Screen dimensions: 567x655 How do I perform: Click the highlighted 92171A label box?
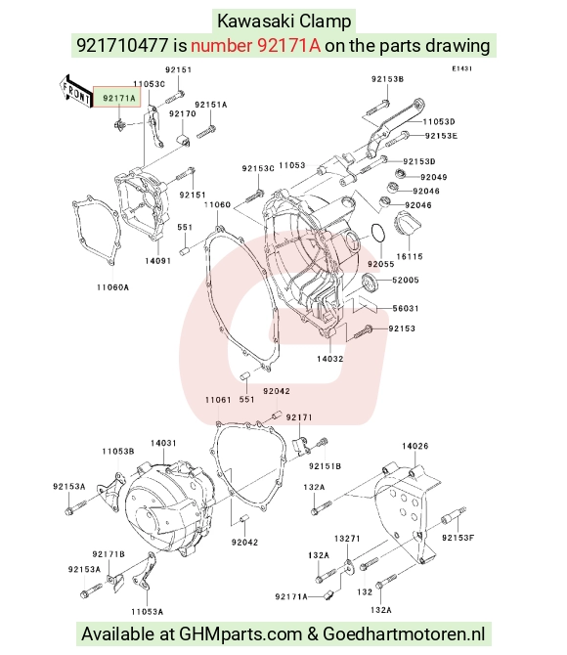116,98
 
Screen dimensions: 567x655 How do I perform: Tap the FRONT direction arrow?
75,92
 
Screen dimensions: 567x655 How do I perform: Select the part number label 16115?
410,256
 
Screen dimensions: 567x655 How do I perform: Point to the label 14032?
330,359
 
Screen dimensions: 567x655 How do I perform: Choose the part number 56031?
406,308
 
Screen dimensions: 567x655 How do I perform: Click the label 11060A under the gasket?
112,287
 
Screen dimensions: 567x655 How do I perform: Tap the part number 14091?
158,261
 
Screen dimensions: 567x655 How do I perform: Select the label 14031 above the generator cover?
163,443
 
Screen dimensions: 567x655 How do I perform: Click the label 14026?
415,446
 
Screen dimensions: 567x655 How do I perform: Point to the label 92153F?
458,538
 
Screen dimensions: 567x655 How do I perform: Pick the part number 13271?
347,539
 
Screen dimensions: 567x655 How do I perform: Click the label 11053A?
147,612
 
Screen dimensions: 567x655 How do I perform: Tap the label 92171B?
109,554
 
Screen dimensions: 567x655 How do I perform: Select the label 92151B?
326,466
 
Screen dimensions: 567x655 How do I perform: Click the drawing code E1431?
461,68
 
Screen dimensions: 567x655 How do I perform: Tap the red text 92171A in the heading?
256,45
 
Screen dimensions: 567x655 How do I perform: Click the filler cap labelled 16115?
408,223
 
